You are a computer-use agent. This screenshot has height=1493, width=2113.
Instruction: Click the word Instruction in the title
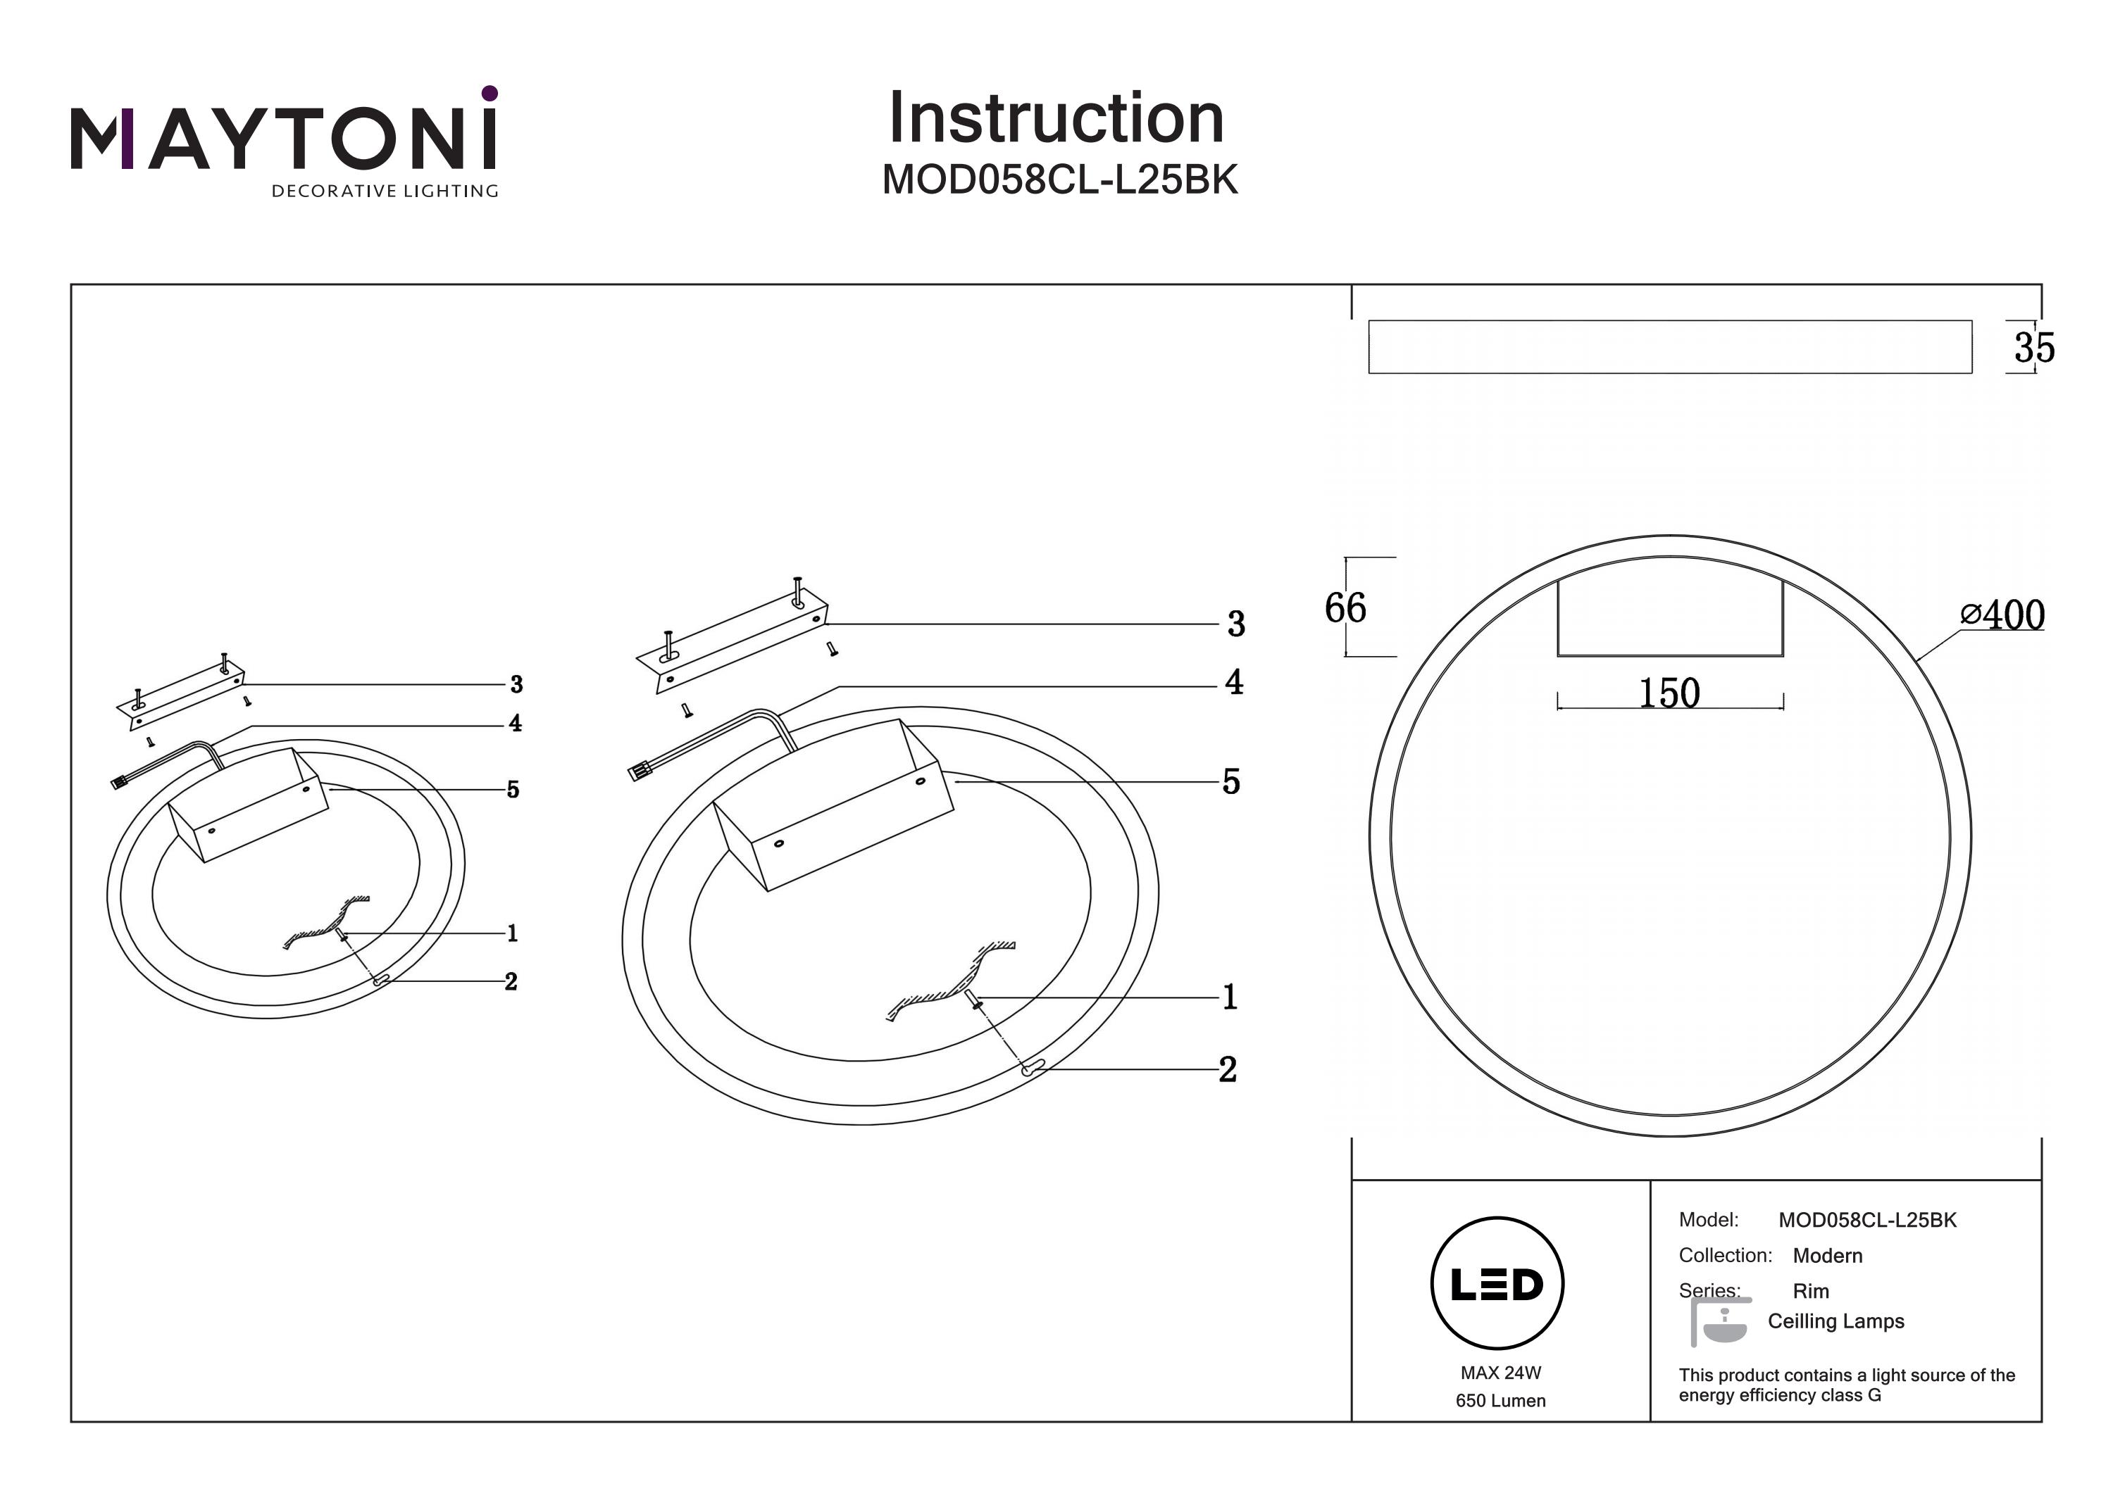tap(1056, 119)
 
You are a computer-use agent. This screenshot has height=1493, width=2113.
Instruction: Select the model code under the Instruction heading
tap(1059, 180)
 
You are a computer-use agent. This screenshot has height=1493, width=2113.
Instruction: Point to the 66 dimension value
tap(1345, 608)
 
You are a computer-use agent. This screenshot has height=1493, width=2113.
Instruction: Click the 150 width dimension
tap(1669, 693)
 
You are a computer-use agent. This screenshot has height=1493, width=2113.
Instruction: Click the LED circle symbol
tap(1497, 1284)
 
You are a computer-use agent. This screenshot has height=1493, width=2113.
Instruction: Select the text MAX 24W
tap(1500, 1373)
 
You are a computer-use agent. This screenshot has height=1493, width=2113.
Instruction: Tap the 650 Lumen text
tap(1500, 1401)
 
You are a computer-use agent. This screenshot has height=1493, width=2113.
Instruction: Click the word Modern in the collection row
tap(1827, 1256)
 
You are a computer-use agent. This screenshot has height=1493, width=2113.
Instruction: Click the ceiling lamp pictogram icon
tap(1719, 1323)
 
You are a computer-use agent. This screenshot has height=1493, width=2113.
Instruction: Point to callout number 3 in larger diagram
tap(1236, 624)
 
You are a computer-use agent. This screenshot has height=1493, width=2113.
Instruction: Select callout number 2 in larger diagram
tap(1228, 1070)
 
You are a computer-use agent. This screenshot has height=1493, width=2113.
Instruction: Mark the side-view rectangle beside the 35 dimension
tap(1669, 347)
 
